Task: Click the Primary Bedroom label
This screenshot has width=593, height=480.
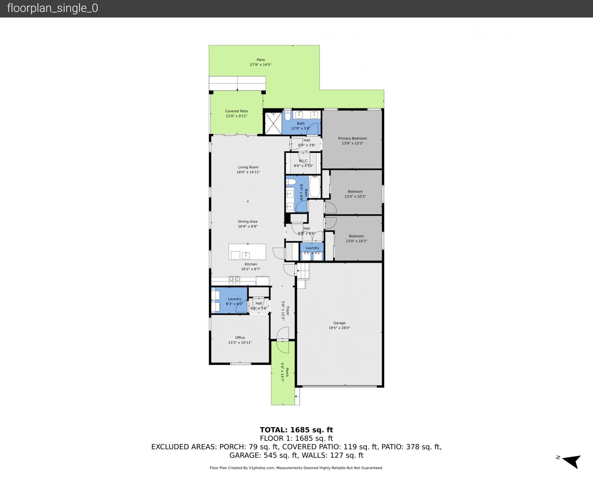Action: click(352, 138)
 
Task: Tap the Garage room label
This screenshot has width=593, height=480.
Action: click(339, 323)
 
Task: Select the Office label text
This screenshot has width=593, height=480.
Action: click(240, 337)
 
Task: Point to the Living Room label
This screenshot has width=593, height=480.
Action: click(248, 167)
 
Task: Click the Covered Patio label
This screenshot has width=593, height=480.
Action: click(236, 111)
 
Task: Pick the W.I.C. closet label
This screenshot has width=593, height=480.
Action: click(303, 161)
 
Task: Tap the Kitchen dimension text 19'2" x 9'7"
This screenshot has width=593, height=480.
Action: click(251, 269)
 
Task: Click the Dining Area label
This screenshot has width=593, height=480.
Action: click(247, 221)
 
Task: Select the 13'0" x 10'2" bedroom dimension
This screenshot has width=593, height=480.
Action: click(355, 196)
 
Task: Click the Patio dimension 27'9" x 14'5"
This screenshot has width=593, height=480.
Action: click(261, 64)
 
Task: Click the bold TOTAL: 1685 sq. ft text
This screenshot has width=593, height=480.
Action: click(296, 430)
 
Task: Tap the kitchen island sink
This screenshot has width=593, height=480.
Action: click(246, 255)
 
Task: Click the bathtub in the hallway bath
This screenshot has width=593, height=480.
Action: click(314, 187)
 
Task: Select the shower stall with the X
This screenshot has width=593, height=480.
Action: click(273, 123)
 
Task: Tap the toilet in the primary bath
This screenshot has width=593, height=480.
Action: click(287, 115)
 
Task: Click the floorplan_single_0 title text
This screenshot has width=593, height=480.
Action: click(52, 8)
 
